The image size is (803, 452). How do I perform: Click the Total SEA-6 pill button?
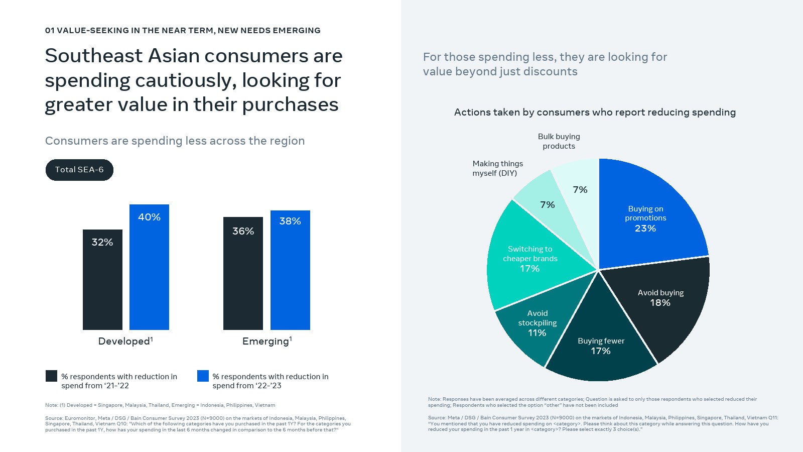pyautogui.click(x=79, y=170)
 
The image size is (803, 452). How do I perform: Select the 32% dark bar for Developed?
pyautogui.click(x=102, y=281)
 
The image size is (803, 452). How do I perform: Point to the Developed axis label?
pyautogui.click(x=125, y=342)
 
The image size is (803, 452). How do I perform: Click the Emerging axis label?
pyautogui.click(x=266, y=342)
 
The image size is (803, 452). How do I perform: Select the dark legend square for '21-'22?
pyautogui.click(x=51, y=376)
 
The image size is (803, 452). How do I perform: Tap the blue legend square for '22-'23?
pyautogui.click(x=203, y=376)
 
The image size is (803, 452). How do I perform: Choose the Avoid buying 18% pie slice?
pyautogui.click(x=662, y=301)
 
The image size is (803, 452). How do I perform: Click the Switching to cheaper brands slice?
pyautogui.click(x=529, y=259)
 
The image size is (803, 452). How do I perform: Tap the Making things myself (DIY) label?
pyautogui.click(x=497, y=168)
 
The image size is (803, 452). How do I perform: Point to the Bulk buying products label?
pyautogui.click(x=559, y=141)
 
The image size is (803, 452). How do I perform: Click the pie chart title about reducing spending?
pyautogui.click(x=595, y=112)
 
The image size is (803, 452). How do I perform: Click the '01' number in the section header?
pyautogui.click(x=50, y=31)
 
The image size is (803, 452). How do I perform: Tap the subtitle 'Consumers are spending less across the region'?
pyautogui.click(x=175, y=141)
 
